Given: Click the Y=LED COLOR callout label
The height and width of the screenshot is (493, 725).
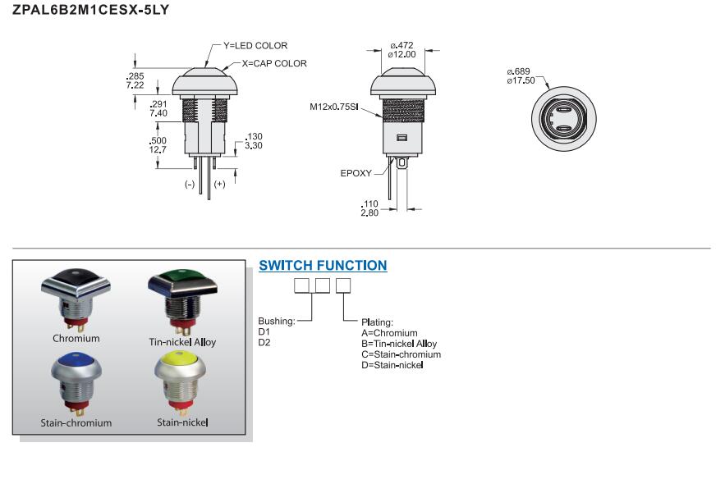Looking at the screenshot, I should click(x=255, y=46).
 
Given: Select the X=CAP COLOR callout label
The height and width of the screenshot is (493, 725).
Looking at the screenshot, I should click(x=274, y=63).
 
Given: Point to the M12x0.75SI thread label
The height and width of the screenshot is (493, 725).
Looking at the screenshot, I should click(x=333, y=107).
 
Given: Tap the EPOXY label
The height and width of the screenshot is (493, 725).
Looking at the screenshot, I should click(x=356, y=173).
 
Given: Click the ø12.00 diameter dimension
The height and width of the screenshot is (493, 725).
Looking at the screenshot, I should click(x=402, y=54).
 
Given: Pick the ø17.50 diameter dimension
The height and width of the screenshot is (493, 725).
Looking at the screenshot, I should click(x=521, y=80).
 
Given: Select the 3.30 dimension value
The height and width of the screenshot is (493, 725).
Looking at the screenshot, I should click(x=255, y=145).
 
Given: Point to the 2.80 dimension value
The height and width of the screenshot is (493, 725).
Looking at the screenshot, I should click(x=369, y=212).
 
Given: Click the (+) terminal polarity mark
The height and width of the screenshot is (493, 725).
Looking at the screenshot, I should click(x=219, y=185).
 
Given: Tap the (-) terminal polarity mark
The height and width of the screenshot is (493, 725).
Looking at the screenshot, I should click(x=190, y=185).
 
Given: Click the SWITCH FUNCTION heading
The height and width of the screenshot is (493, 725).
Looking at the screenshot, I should click(x=323, y=266).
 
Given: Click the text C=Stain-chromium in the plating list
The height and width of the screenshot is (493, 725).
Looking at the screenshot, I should click(x=401, y=354).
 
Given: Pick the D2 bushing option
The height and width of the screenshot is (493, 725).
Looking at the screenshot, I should click(x=264, y=342).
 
